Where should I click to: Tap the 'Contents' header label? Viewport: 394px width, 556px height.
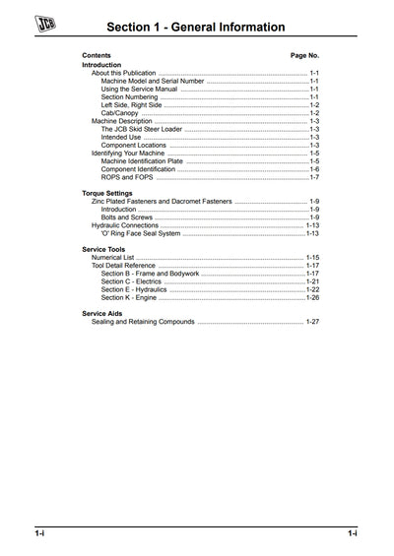coord(97,55)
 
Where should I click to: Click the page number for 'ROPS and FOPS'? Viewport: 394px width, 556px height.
coord(314,177)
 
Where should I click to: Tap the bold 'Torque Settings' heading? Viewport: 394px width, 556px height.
coord(107,194)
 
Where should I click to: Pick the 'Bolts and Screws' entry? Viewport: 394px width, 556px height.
coord(128,217)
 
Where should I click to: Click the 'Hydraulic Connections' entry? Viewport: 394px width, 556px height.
coord(125,225)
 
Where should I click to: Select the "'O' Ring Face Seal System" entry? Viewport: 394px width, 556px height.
coord(141,233)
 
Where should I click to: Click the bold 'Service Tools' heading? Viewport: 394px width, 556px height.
coord(103,250)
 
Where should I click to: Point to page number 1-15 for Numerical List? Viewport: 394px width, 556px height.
coord(312,258)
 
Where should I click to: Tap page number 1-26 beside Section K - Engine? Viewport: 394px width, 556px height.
coord(312,297)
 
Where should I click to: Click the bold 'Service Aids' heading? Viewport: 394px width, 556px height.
coord(101,314)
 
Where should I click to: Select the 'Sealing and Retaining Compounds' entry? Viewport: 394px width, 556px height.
coord(143,322)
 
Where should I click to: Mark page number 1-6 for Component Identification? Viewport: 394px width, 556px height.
coord(314,169)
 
